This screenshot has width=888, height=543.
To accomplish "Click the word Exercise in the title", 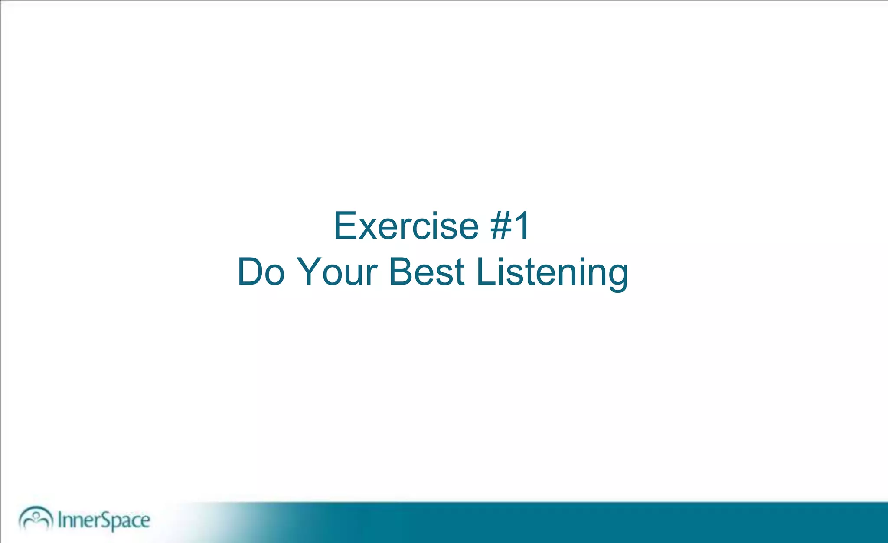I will click(x=406, y=226).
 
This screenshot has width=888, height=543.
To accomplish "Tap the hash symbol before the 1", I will click(x=502, y=226).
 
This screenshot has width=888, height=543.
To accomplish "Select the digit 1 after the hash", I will click(x=522, y=226).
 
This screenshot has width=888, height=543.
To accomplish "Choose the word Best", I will click(x=427, y=272).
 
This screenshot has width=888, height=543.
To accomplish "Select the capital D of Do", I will click(x=251, y=272).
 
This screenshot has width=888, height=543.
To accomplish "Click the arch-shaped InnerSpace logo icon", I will click(x=36, y=518).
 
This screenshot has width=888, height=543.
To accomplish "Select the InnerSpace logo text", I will click(x=104, y=520).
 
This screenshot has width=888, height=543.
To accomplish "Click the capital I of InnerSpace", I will click(x=60, y=520).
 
